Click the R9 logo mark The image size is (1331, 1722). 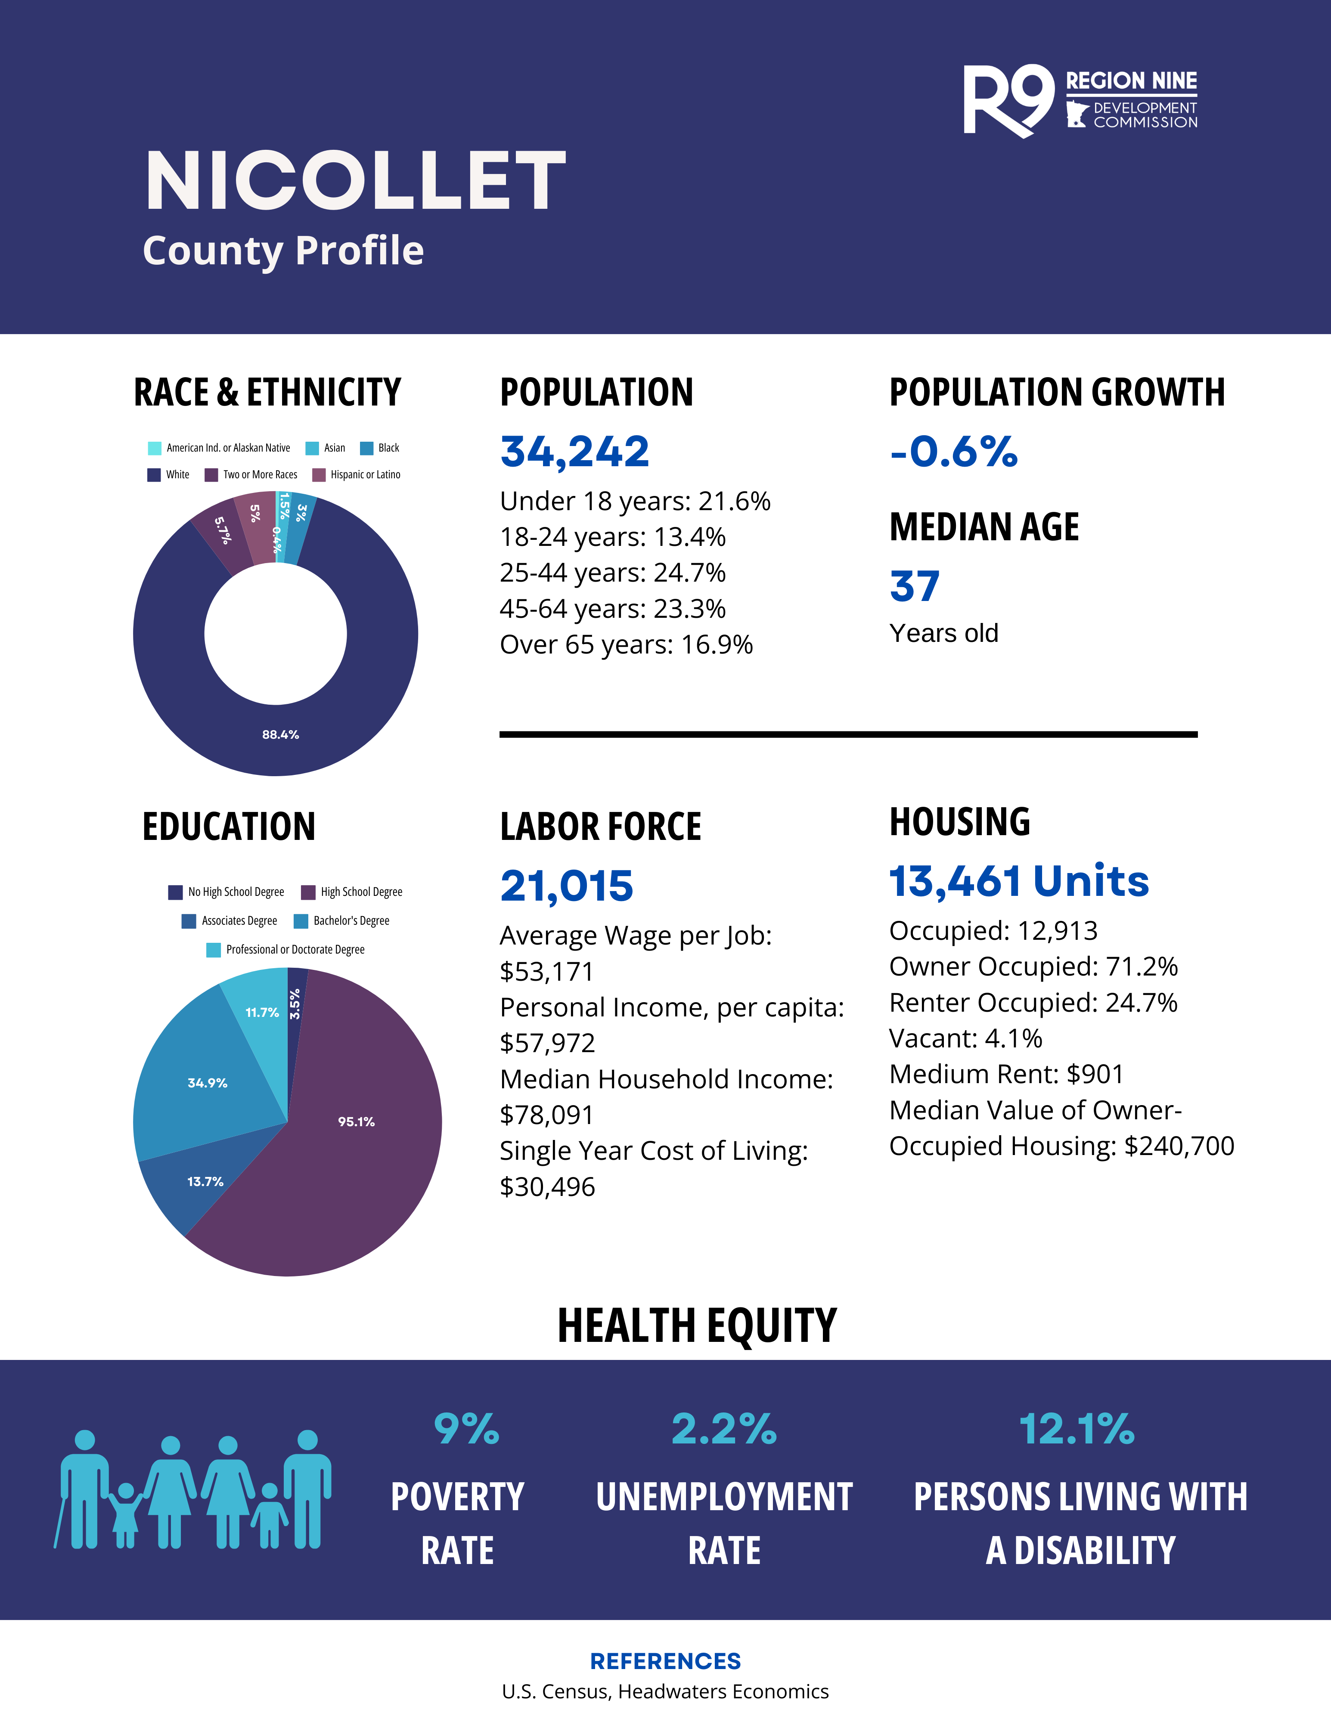point(1008,101)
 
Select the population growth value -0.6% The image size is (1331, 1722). point(953,452)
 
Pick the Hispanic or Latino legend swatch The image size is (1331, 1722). point(320,475)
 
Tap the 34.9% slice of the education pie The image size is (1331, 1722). point(208,1083)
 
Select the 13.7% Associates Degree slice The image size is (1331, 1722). point(205,1181)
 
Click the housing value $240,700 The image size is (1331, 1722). point(1179,1146)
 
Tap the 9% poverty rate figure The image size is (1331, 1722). point(466,1429)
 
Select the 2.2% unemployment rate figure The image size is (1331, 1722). point(724,1429)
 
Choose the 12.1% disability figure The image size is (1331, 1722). point(1077,1429)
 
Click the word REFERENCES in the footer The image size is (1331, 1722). point(666,1661)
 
